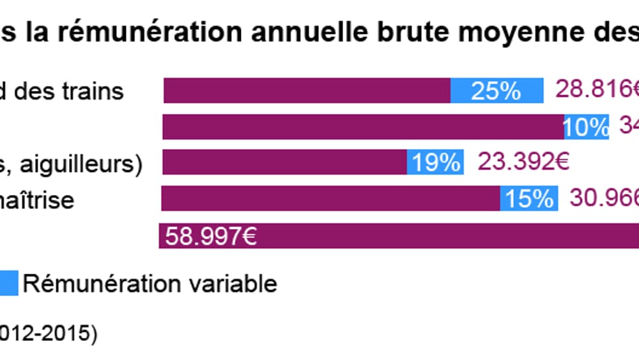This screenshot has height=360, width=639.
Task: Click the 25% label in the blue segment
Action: click(x=496, y=91)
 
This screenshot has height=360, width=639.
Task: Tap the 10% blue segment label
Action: click(x=586, y=127)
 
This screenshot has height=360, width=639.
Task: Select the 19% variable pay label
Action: click(x=435, y=163)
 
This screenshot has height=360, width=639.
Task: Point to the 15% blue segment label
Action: click(x=529, y=199)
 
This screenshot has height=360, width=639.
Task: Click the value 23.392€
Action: click(x=523, y=162)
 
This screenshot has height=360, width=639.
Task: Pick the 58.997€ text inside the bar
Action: click(x=210, y=237)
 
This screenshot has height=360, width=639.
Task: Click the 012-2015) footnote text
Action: click(x=48, y=334)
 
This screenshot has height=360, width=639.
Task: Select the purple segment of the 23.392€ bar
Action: click(x=284, y=163)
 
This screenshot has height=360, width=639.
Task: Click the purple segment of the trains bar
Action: click(x=307, y=91)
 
